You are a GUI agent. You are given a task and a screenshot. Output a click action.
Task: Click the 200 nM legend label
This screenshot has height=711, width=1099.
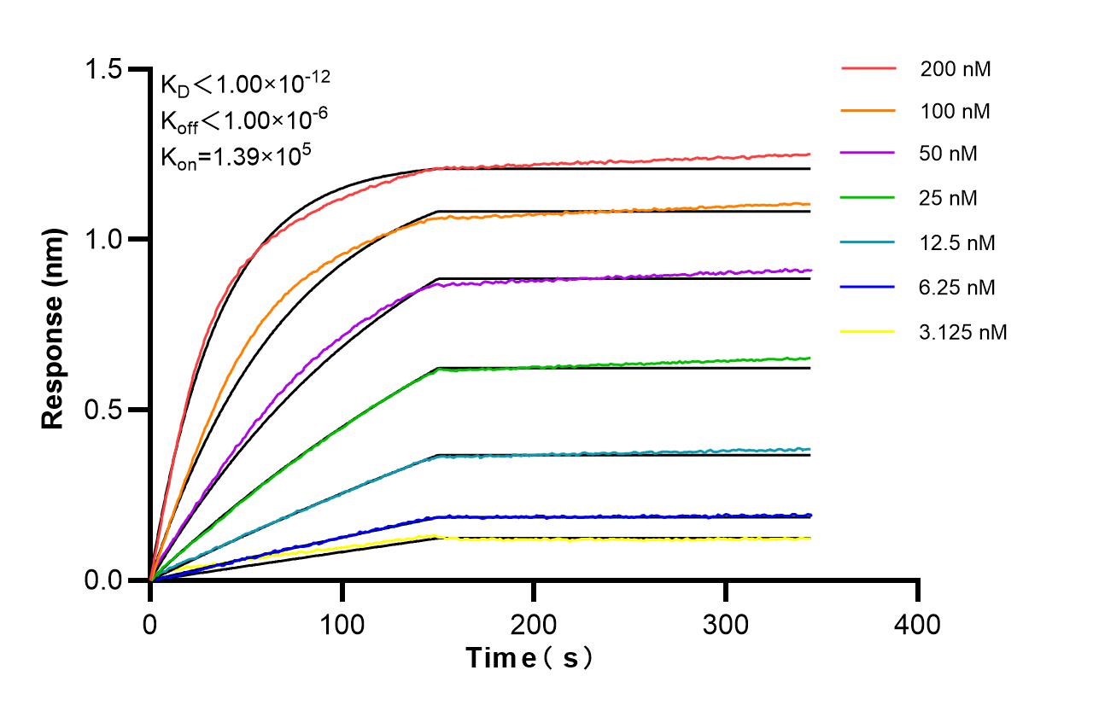pos(956,69)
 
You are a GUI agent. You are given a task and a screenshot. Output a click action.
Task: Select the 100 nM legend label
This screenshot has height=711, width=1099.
pos(956,112)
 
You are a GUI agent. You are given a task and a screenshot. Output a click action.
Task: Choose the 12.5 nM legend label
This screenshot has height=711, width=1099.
pos(957,243)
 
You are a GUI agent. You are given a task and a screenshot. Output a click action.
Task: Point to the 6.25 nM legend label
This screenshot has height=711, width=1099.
pos(957,288)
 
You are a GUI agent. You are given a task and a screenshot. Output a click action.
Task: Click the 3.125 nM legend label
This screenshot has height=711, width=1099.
pos(963,332)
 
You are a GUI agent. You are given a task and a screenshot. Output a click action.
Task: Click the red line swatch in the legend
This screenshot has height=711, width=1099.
pos(868,67)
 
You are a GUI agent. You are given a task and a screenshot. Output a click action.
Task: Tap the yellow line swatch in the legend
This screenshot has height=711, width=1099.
pos(868,330)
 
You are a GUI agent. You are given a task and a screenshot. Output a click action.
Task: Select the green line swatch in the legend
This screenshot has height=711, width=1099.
pos(868,197)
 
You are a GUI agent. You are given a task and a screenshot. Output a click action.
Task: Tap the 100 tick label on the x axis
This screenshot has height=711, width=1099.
pos(342,624)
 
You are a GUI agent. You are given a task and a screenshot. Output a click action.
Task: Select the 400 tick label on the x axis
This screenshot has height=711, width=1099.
pos(918,624)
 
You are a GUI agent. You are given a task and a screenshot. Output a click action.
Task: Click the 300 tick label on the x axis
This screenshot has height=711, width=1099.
pos(726,624)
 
